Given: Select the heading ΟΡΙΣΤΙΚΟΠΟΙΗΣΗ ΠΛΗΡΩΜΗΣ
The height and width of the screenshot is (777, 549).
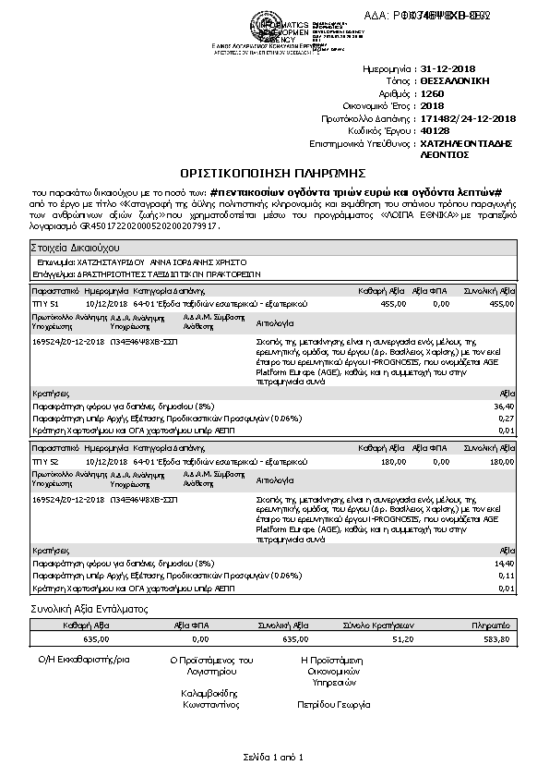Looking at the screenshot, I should coord(274,173).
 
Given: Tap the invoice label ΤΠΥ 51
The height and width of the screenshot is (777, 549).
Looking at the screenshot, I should coord(45,302).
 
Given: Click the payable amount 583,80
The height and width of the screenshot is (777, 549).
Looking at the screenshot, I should coord(496,638).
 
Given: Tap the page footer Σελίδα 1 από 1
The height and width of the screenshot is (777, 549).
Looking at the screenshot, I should coord(274,757).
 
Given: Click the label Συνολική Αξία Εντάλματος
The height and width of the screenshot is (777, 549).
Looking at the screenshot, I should coord(89,610).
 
